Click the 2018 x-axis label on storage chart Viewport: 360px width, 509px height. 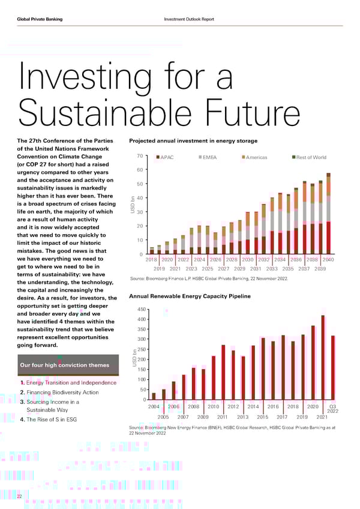[x=151, y=259]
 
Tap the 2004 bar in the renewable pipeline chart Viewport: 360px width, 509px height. [x=154, y=396]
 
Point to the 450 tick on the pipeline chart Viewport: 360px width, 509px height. [x=142, y=310]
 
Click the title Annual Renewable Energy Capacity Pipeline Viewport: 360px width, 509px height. [x=185, y=295]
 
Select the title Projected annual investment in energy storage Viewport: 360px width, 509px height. [x=193, y=141]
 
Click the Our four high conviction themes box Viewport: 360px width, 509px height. [x=65, y=366]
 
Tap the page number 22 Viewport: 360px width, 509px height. [x=20, y=496]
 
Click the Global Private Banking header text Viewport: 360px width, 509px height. [x=43, y=19]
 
